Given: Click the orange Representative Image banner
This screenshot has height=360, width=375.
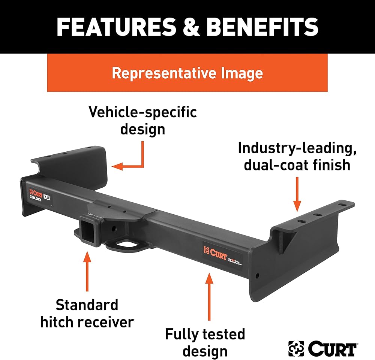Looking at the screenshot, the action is (x=187, y=73).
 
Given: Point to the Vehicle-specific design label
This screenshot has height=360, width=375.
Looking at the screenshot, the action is (x=142, y=120).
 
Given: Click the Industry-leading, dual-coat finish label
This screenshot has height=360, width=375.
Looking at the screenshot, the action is (x=297, y=156).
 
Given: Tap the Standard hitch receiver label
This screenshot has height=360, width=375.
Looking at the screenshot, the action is (x=87, y=313).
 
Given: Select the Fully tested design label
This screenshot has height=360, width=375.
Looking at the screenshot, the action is (x=205, y=342).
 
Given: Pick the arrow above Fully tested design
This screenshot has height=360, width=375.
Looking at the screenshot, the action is (x=209, y=296).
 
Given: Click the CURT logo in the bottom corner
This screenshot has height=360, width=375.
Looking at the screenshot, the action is (x=322, y=348).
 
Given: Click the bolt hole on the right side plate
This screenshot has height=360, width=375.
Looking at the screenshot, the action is (x=257, y=276).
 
